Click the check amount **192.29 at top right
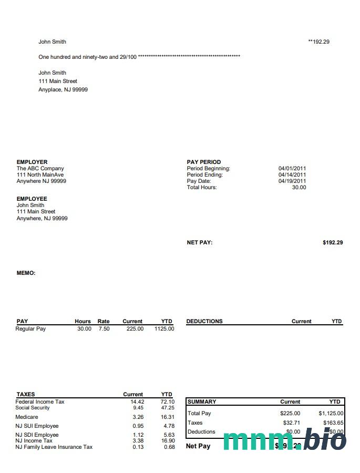318,42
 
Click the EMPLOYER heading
32,162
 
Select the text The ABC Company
40,169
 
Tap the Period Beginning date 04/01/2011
292,169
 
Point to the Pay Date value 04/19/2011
292,181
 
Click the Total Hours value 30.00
299,188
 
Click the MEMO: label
26,273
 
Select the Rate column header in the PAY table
104,322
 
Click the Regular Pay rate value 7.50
104,329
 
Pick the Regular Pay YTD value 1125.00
164,329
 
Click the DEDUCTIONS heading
204,322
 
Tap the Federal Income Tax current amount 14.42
137,402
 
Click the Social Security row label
33,408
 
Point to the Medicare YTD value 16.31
168,417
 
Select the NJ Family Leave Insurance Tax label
54,447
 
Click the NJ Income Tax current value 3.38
138,441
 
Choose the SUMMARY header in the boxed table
202,402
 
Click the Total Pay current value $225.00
290,414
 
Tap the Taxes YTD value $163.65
333,423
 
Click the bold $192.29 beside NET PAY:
333,243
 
